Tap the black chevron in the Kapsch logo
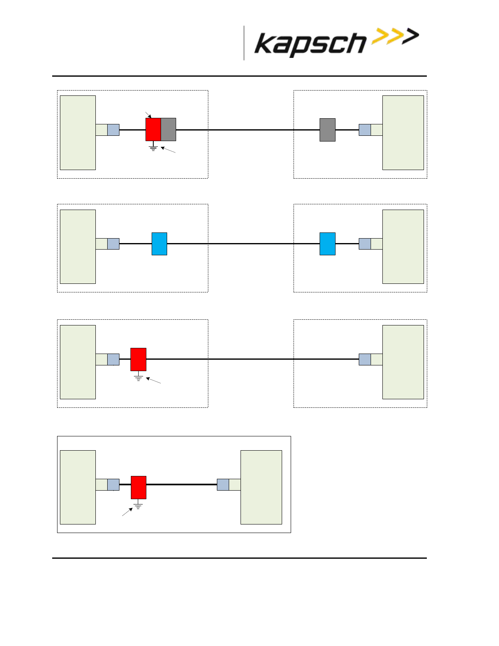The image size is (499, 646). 411,36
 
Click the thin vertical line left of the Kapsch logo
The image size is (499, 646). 244,43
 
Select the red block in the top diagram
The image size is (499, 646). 153,129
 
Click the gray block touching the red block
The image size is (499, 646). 168,129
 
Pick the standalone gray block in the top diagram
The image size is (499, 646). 327,130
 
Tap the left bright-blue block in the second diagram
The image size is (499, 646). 159,244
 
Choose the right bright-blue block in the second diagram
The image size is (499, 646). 327,244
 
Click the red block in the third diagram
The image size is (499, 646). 139,359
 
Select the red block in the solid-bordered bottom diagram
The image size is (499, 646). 139,487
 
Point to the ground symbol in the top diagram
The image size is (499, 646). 153,147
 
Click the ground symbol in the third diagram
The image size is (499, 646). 139,376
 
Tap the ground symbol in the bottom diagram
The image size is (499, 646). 138,504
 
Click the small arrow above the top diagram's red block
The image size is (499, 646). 148,115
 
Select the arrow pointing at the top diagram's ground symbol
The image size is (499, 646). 168,150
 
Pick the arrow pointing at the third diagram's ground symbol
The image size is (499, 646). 153,381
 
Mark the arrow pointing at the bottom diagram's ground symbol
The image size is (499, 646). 128,512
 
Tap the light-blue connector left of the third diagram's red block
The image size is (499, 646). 113,359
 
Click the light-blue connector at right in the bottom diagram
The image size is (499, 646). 223,484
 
